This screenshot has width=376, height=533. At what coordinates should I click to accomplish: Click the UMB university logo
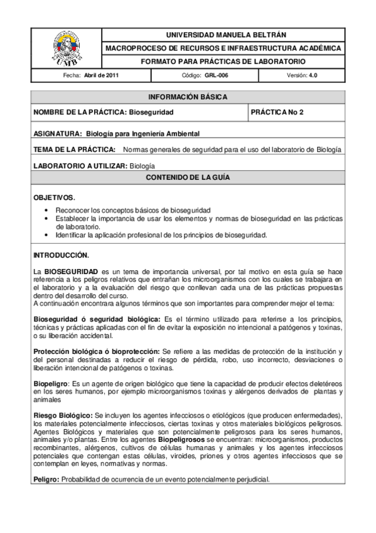pyautogui.click(x=65, y=48)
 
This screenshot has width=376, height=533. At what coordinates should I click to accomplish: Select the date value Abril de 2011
pyautogui.click(x=102, y=75)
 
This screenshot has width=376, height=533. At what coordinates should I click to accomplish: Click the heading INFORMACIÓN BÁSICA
pyautogui.click(x=188, y=97)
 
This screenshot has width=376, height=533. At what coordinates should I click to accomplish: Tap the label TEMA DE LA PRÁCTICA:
pyautogui.click(x=74, y=150)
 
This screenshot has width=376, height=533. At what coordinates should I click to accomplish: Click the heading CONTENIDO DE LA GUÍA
pyautogui.click(x=188, y=178)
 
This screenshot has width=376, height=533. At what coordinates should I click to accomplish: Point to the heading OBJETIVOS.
pyautogui.click(x=54, y=197)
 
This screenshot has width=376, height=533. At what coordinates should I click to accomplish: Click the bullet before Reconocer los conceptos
pyautogui.click(x=48, y=210)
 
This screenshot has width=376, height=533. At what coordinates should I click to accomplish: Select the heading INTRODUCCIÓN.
pyautogui.click(x=61, y=256)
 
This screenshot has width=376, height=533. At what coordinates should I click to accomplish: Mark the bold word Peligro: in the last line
pyautogui.click(x=46, y=480)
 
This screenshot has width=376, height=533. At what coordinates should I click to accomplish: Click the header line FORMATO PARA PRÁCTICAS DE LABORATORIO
pyautogui.click(x=222, y=62)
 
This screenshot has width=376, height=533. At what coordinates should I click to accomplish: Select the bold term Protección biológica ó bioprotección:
pyautogui.click(x=97, y=351)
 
